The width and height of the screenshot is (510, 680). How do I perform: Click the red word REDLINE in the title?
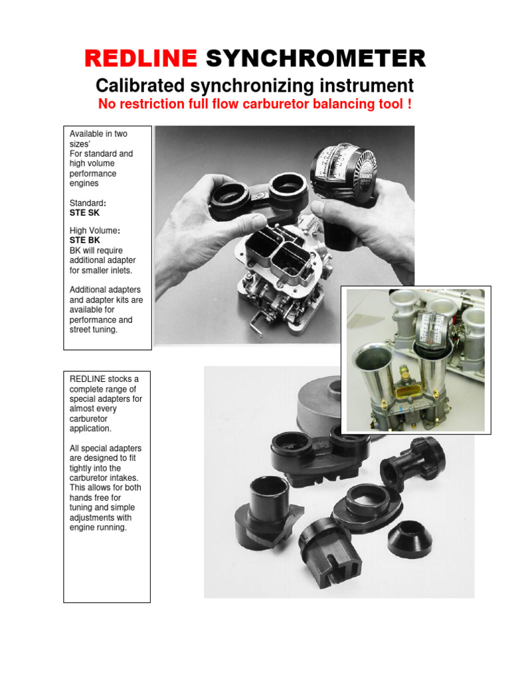141,59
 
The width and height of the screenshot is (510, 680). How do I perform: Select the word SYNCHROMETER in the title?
315,59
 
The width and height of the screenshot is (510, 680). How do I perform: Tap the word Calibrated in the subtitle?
139,86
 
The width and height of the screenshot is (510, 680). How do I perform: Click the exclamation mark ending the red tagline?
409,104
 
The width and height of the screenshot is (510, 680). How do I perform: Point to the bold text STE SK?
84,213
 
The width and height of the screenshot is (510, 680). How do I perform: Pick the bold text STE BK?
84,240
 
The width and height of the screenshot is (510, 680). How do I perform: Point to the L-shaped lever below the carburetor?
255,328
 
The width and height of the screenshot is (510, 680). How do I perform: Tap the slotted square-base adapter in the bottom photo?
330,555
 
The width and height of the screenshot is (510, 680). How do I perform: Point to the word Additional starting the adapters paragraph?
88,290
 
